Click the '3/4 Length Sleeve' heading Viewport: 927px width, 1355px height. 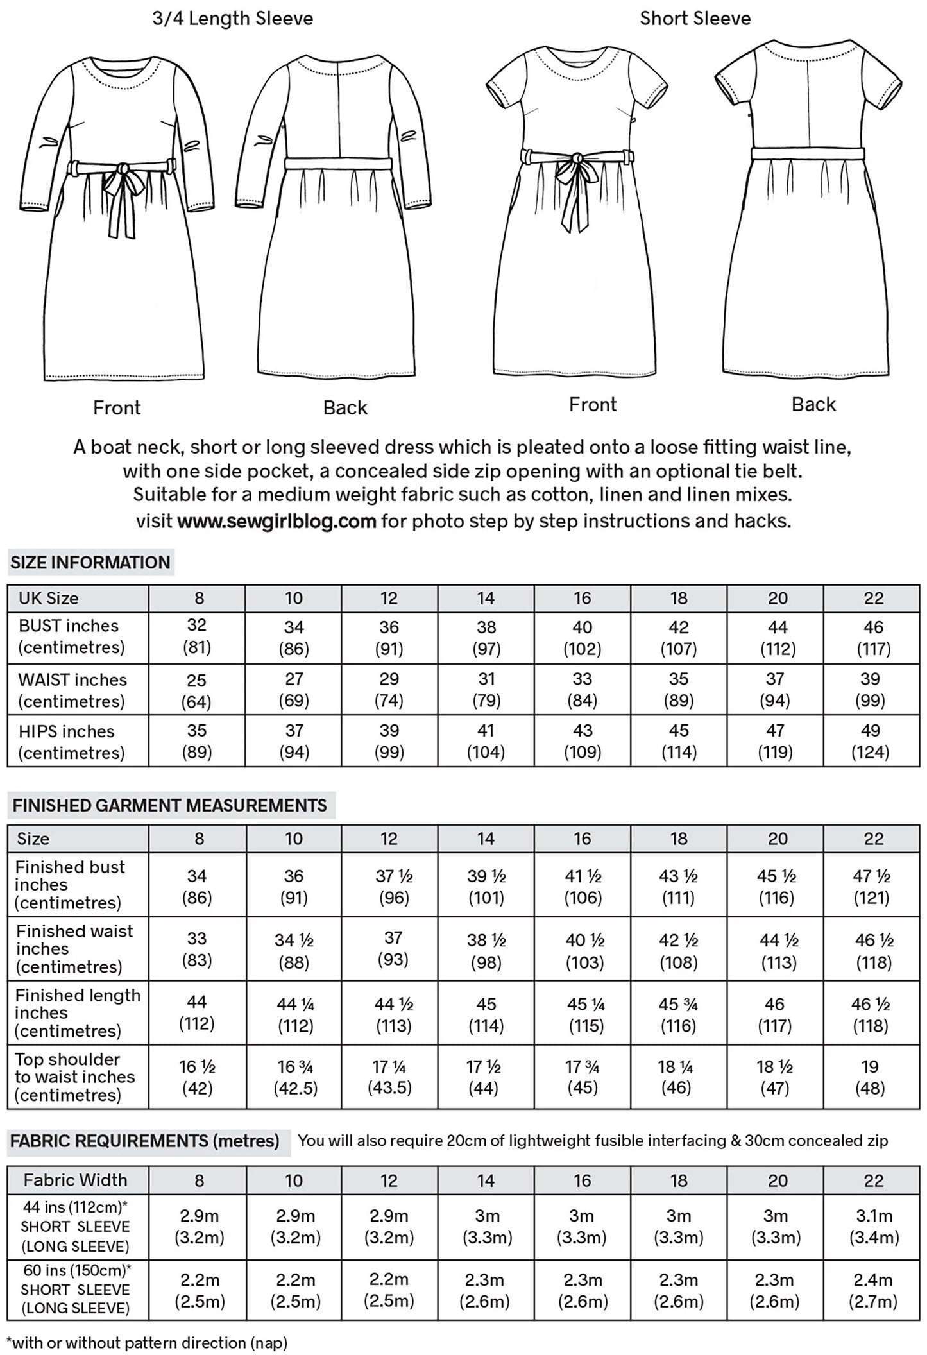click(x=232, y=19)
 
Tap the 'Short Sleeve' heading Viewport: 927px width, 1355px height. click(x=695, y=19)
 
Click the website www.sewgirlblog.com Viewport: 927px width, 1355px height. click(x=276, y=520)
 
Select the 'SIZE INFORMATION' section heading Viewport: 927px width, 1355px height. click(x=90, y=563)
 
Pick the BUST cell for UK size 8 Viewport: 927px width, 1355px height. click(x=197, y=636)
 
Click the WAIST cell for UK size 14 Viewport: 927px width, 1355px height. click(x=486, y=690)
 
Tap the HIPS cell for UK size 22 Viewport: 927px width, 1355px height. click(x=871, y=741)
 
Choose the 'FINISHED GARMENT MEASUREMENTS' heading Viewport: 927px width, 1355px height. click(x=170, y=805)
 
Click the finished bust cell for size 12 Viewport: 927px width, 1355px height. click(x=390, y=886)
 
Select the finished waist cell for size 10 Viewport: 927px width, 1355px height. click(x=294, y=951)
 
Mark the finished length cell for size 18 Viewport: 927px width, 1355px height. click(x=679, y=1015)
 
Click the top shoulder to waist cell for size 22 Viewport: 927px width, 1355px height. click(x=871, y=1078)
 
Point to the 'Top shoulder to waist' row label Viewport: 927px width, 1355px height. click(x=76, y=1077)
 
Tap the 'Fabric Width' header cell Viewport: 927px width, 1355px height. click(x=76, y=1180)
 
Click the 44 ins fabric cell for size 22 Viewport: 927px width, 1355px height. click(x=874, y=1226)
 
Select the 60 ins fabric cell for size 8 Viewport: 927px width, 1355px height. click(x=200, y=1290)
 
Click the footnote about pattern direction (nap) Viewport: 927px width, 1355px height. click(x=147, y=1342)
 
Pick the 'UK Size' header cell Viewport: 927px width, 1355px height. click(x=49, y=598)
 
